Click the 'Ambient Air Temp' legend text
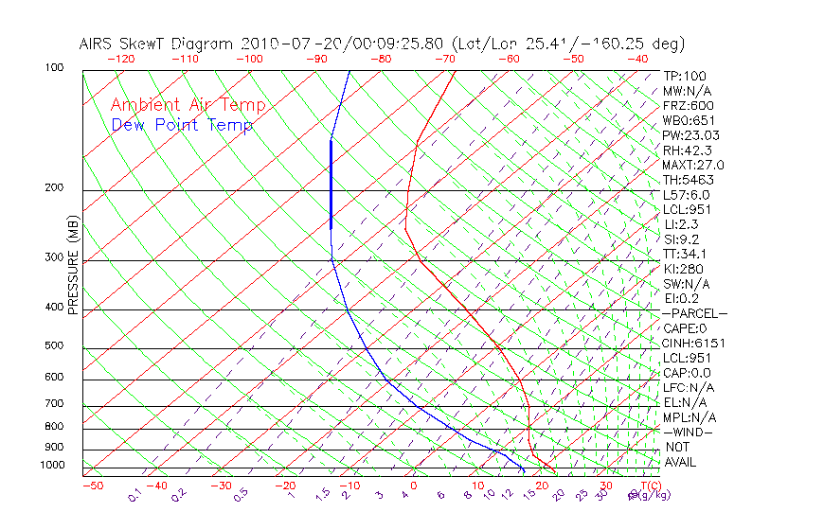(188, 105)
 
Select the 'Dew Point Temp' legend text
(181, 125)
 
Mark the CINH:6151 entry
(690, 344)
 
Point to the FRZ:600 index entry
(688, 106)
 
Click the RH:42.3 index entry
(686, 150)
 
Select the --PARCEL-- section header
(694, 313)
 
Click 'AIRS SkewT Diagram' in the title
(157, 44)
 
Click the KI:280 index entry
(682, 269)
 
